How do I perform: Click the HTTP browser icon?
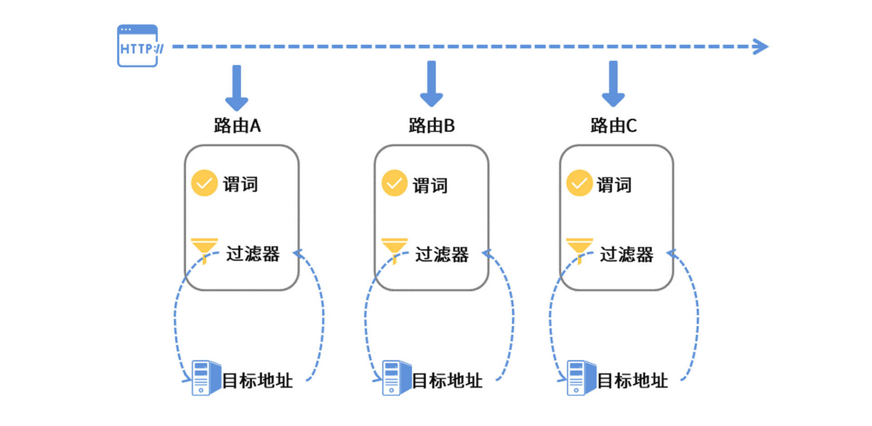click(138, 46)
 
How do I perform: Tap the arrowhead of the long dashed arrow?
click(760, 46)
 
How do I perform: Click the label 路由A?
click(237, 125)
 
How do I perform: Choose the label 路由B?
click(431, 125)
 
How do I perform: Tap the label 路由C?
click(614, 125)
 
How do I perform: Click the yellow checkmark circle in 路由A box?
click(204, 183)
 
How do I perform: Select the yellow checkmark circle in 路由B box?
click(394, 183)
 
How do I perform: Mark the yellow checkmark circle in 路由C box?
click(579, 183)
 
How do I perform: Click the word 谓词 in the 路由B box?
click(430, 185)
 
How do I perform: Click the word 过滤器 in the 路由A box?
click(253, 254)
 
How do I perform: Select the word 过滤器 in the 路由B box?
click(442, 255)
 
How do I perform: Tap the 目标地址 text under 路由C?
click(632, 381)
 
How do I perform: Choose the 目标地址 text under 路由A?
click(258, 381)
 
